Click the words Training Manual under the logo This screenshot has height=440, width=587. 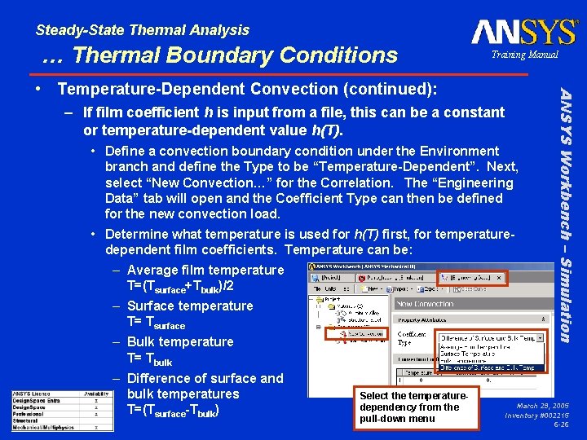[x=524, y=55]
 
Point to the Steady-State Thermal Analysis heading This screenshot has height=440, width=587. [x=143, y=30]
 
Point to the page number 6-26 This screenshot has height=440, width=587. [x=561, y=425]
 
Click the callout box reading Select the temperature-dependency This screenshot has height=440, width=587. [x=413, y=407]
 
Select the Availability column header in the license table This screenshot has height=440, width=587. [x=96, y=394]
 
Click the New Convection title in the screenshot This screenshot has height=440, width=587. [x=425, y=304]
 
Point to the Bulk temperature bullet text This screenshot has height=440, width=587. [x=180, y=341]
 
